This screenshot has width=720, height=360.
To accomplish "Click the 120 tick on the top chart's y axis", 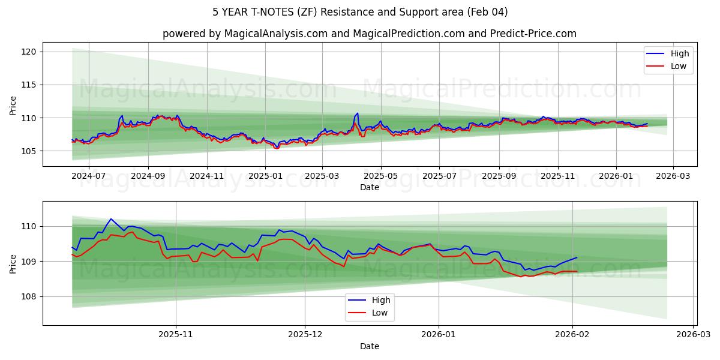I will click(x=31, y=52).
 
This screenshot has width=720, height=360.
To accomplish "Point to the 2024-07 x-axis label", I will click(x=89, y=176).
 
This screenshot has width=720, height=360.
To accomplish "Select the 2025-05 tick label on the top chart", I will click(x=380, y=176).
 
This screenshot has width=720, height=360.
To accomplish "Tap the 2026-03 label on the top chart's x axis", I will click(x=673, y=176).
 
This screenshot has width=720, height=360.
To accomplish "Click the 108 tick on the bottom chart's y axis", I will click(x=31, y=296).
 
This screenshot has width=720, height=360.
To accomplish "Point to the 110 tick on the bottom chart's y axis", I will click(x=31, y=226).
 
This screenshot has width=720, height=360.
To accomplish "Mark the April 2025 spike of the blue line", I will click(x=358, y=113).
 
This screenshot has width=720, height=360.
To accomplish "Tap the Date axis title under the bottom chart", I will click(x=369, y=346).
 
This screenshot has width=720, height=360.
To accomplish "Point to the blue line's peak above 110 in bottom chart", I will click(x=111, y=219).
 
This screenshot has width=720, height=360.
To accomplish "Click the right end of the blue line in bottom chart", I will click(x=577, y=257).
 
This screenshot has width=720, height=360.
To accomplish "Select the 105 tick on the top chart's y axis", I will click(x=31, y=151).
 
